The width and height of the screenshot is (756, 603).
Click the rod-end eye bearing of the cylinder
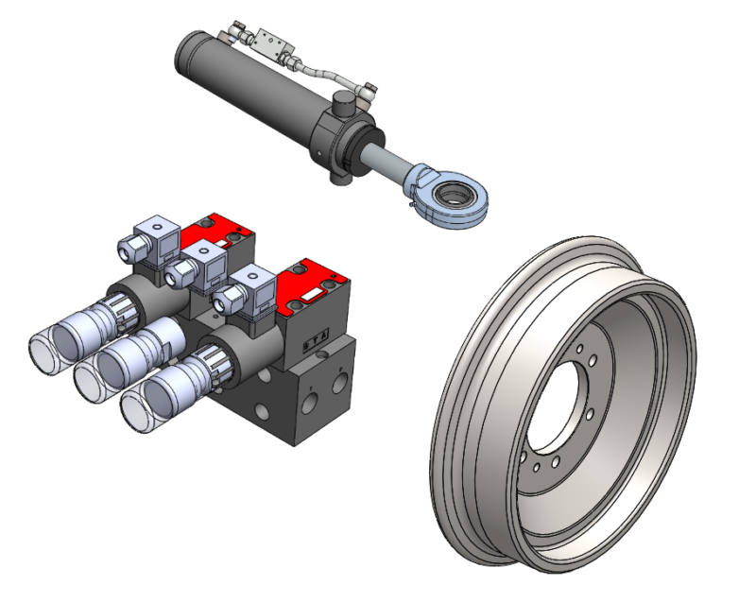pos(452,195)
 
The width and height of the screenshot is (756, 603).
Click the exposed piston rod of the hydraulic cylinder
pos(384,156)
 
